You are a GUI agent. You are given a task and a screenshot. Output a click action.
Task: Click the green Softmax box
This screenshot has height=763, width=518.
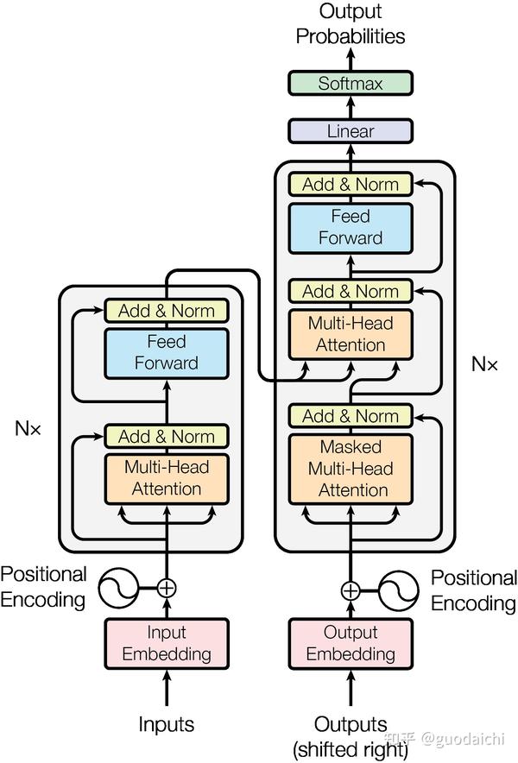coord(351,84)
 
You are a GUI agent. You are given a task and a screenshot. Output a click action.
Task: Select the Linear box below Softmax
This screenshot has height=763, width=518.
coord(351,131)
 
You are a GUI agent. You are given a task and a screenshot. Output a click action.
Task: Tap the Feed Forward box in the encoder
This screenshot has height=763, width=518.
coord(166,353)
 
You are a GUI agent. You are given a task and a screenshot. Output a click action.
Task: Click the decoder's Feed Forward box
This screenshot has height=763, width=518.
coord(351,227)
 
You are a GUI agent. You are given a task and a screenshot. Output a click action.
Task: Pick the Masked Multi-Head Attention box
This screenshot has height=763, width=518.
coord(351,469)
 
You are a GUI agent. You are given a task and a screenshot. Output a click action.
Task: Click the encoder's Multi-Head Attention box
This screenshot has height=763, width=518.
coord(166,477)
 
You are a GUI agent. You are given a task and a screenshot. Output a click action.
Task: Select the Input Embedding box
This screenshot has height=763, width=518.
coord(166,643)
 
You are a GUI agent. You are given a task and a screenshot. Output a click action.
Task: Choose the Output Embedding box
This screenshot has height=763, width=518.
coord(351,643)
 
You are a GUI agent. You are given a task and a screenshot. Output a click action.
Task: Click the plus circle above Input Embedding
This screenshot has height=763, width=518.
coord(167,588)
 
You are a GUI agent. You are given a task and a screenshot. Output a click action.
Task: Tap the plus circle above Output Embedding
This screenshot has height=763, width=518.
coord(351,590)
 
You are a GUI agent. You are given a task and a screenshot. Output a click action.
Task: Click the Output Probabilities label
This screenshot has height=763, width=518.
coord(351,24)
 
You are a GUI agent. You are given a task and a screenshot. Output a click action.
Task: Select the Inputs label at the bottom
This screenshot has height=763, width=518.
coord(166,724)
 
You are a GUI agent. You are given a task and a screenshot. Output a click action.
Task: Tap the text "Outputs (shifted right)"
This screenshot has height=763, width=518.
coord(351,735)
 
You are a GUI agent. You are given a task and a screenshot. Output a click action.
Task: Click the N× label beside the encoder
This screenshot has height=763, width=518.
coord(28,427)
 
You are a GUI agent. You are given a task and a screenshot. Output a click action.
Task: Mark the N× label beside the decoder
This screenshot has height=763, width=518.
coord(484,363)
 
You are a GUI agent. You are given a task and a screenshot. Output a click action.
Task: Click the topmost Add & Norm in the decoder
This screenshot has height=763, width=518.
coord(351,184)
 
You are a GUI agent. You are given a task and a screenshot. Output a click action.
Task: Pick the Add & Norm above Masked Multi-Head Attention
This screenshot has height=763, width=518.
coord(351,416)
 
